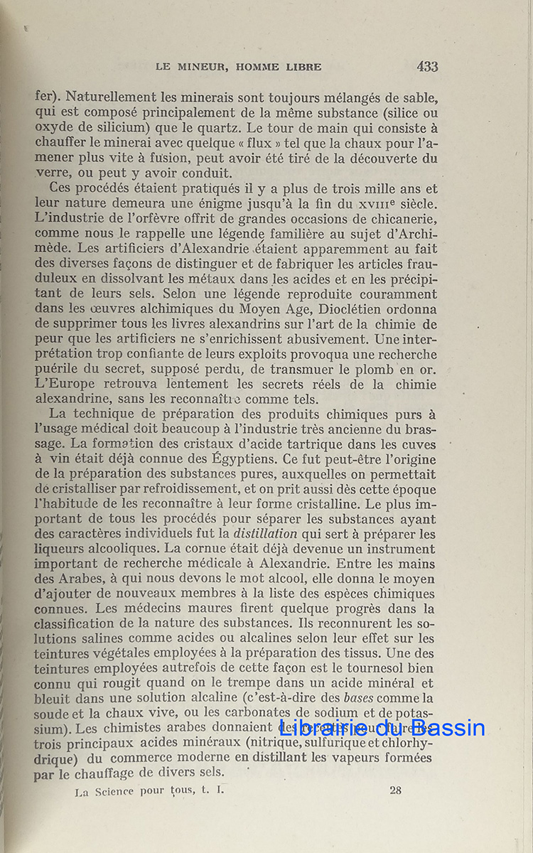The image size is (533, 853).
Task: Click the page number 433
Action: pyautogui.click(x=427, y=67)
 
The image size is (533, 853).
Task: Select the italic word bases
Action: pyautogui.click(x=367, y=698)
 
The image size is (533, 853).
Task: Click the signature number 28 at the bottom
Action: pyautogui.click(x=396, y=790)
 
